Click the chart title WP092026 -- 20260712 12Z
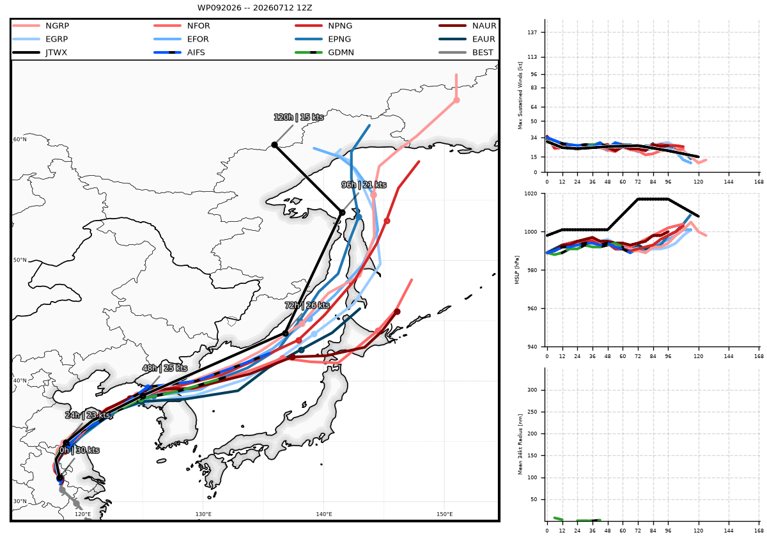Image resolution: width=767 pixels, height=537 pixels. (x=254, y=8)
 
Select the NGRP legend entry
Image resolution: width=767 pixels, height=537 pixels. (x=41, y=26)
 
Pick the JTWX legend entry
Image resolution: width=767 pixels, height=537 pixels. (x=40, y=52)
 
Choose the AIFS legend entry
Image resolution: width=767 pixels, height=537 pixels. (x=180, y=52)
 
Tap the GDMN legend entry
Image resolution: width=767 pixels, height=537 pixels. (x=324, y=52)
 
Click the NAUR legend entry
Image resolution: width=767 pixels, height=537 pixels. (x=467, y=26)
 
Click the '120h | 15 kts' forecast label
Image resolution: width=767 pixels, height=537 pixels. (x=298, y=117)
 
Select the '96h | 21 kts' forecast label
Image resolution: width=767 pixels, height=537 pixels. (x=364, y=185)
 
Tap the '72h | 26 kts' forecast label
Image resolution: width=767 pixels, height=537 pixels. (x=307, y=305)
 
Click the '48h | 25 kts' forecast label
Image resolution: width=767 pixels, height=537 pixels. (x=165, y=368)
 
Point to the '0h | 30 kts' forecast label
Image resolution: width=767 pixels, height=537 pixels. (x=79, y=450)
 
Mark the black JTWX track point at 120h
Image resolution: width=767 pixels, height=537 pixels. (x=274, y=145)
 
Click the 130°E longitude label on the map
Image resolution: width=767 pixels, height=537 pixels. (x=203, y=514)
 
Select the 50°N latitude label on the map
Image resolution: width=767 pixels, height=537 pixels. (x=20, y=260)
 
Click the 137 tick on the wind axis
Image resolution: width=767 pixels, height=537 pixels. (x=532, y=32)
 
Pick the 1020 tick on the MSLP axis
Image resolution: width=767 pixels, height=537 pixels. (x=531, y=194)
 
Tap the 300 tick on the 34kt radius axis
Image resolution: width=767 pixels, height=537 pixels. (x=532, y=390)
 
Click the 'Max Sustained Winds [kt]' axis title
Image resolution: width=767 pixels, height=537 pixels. (x=520, y=95)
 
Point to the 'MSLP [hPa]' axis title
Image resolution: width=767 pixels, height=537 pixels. (x=516, y=270)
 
